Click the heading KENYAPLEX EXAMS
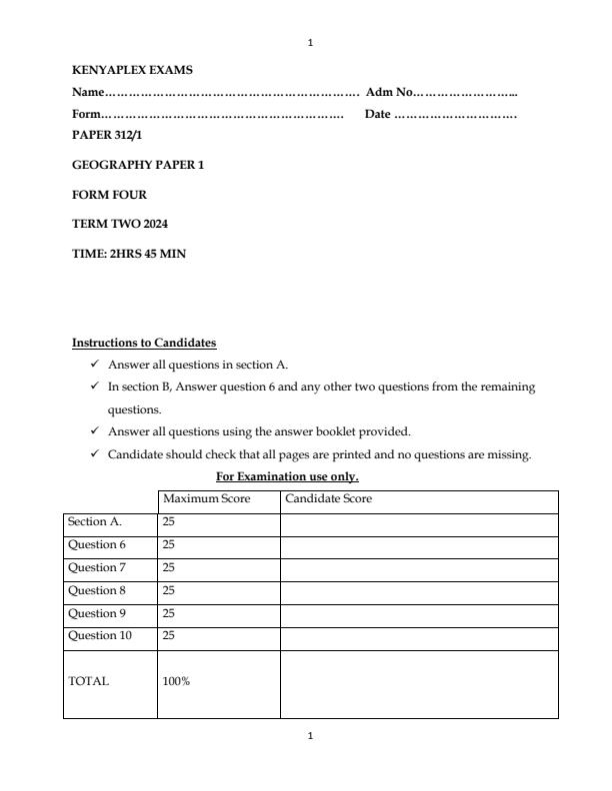pos(132,71)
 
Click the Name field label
pos(88,93)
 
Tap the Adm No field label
pos(390,93)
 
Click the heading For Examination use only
pos(287,476)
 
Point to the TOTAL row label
pos(88,682)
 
